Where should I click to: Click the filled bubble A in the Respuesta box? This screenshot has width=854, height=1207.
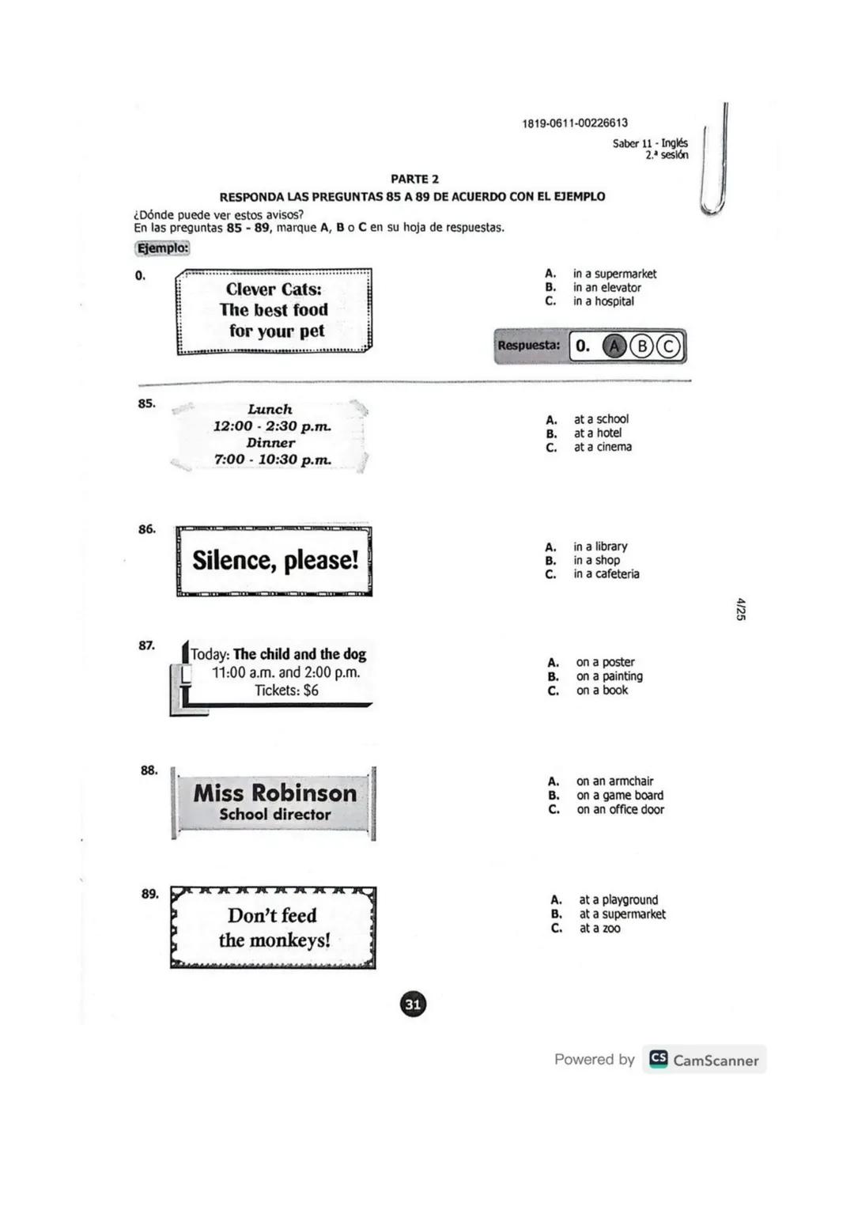(x=614, y=346)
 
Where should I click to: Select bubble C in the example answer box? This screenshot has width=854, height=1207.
(x=669, y=346)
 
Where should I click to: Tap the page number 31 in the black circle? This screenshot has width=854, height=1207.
(x=413, y=1005)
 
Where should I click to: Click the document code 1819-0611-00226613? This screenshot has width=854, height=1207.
(x=575, y=123)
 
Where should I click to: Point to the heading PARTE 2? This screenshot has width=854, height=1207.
(x=414, y=180)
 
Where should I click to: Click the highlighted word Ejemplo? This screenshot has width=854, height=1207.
(x=163, y=248)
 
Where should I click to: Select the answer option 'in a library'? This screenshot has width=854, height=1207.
(x=600, y=547)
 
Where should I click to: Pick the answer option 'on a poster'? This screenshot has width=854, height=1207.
(x=605, y=662)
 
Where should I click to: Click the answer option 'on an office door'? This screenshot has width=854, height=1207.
(x=620, y=809)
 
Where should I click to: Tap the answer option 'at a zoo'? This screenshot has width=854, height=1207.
(x=599, y=928)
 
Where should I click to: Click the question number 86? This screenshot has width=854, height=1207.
(x=147, y=529)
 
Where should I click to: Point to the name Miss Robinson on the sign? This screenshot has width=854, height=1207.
(x=275, y=793)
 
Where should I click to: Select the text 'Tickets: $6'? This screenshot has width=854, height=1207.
(x=286, y=691)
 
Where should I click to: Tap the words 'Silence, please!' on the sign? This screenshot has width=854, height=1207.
(x=275, y=560)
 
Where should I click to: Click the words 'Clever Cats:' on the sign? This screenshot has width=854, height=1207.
(x=274, y=289)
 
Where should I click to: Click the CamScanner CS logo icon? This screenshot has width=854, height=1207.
(x=658, y=1059)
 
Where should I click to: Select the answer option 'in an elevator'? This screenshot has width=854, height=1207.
(x=606, y=288)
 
